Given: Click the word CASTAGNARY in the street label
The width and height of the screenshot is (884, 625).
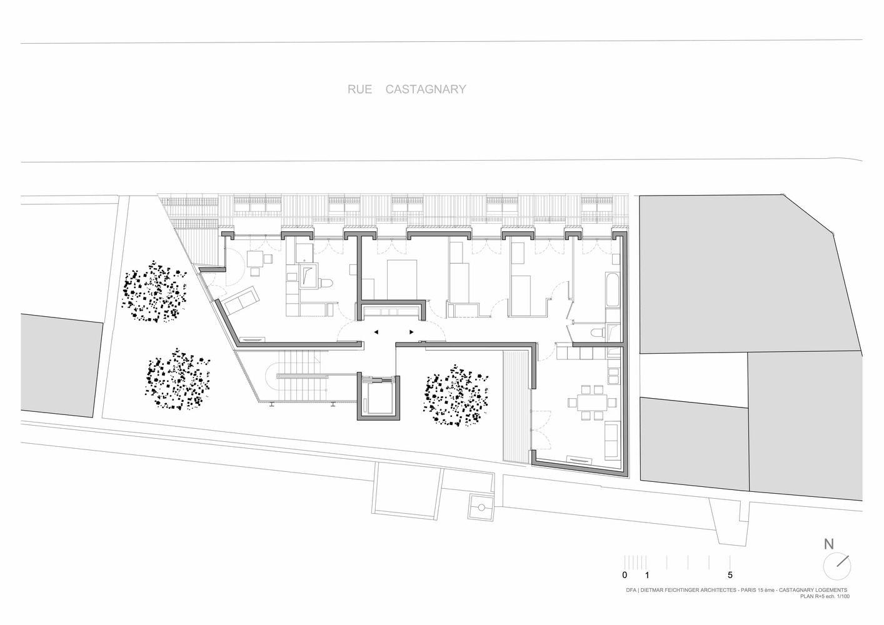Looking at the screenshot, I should pos(425,89).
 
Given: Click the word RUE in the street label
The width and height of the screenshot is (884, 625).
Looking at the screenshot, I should pos(359,89).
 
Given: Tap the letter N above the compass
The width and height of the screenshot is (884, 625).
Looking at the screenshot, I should pos(828,544).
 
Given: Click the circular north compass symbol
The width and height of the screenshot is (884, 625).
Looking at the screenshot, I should pos(836,566).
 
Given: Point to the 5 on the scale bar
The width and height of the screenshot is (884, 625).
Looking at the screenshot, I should pos(730,575).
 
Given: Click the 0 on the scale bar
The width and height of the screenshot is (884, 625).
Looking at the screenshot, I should pos(625,575).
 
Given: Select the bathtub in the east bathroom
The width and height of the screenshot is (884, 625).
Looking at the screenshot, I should pos(612,289).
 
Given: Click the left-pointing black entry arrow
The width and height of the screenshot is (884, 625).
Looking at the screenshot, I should pos(376,332).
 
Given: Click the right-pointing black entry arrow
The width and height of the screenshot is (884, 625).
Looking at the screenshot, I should pos(411,332).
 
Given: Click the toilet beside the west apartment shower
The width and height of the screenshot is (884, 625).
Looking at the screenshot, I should pos(326,284).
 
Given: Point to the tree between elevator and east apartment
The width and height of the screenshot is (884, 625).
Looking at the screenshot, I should pos(455,397).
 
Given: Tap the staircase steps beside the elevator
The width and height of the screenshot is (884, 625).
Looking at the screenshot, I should pos(303,377).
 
